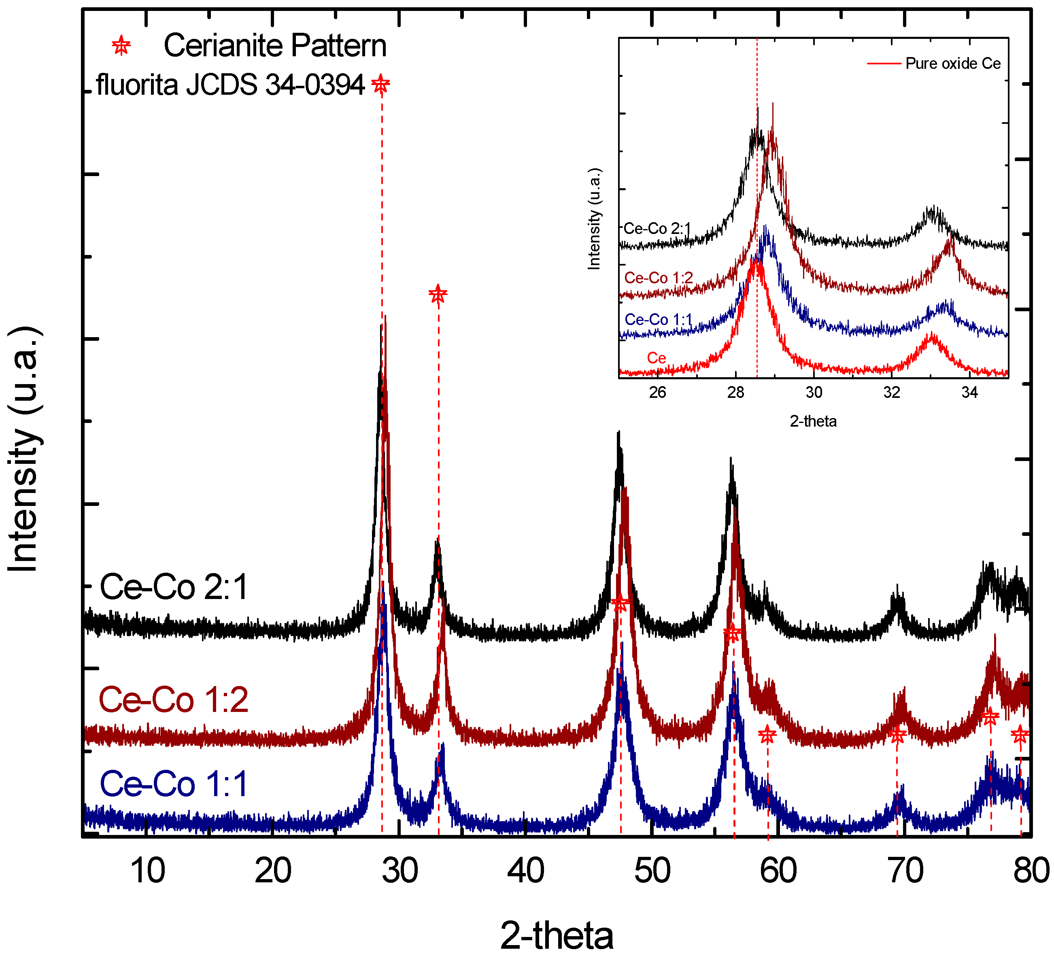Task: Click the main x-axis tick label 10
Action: pyautogui.click(x=147, y=871)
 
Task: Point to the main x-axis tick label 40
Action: pyautogui.click(x=525, y=871)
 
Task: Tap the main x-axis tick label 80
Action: pyautogui.click(x=1031, y=871)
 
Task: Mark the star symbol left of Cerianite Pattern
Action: pyautogui.click(x=121, y=46)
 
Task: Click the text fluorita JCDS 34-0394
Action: pyautogui.click(x=230, y=84)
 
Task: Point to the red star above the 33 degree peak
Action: pyautogui.click(x=438, y=294)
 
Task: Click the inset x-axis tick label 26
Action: pyautogui.click(x=657, y=392)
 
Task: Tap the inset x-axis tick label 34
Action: pyautogui.click(x=969, y=392)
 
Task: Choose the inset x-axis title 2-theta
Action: pyautogui.click(x=813, y=421)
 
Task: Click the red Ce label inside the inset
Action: pyautogui.click(x=656, y=358)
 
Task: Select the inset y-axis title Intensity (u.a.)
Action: pyautogui.click(x=595, y=219)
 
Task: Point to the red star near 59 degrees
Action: pyautogui.click(x=767, y=735)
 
